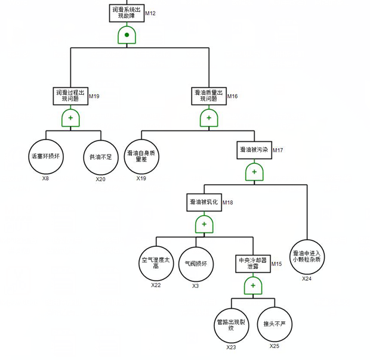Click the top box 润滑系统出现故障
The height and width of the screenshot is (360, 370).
(x=127, y=13)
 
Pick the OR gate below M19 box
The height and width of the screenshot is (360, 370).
(x=70, y=118)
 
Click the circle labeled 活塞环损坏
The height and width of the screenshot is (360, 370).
(x=45, y=157)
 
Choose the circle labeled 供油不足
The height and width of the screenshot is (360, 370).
(x=100, y=157)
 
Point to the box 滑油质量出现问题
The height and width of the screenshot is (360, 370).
(x=208, y=96)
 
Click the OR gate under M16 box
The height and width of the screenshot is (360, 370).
(x=208, y=118)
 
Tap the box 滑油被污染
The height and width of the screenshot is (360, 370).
(x=254, y=150)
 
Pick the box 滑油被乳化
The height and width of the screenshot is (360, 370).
(x=203, y=202)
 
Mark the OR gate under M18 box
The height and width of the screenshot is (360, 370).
(x=203, y=224)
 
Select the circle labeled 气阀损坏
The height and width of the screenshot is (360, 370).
(x=196, y=262)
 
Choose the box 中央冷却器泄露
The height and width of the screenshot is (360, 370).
(x=252, y=263)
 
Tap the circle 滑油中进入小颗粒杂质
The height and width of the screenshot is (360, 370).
(x=306, y=256)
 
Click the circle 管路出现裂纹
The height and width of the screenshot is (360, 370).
(x=232, y=325)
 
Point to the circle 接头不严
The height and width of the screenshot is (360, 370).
(x=274, y=325)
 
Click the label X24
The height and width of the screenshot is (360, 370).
(x=306, y=278)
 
